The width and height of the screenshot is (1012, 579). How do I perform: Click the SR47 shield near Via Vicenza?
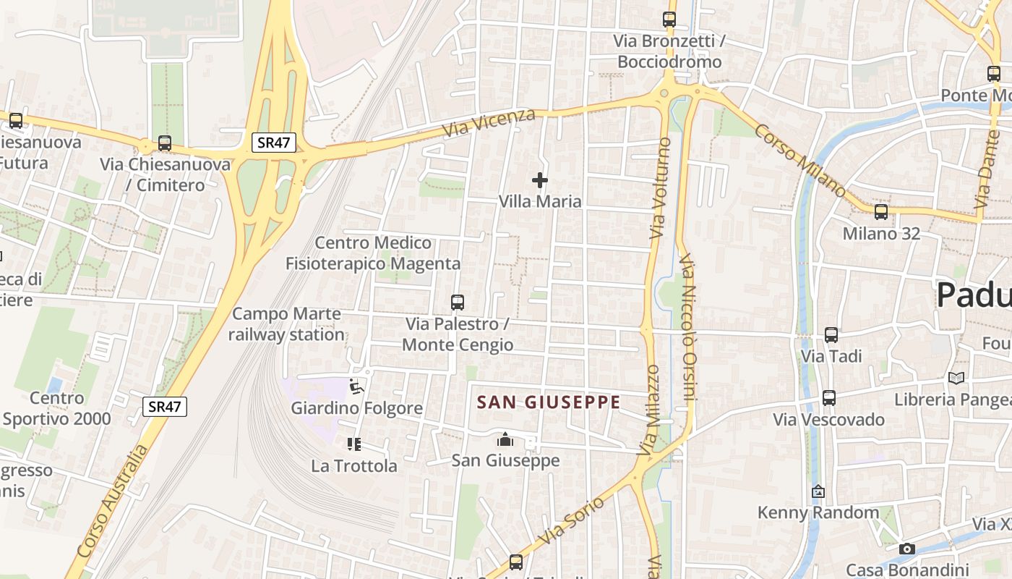point(274,143)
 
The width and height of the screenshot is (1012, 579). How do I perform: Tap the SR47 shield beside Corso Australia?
point(164,406)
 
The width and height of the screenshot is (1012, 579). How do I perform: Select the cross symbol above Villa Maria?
point(539,180)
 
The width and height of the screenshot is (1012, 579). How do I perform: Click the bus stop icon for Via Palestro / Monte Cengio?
point(457,303)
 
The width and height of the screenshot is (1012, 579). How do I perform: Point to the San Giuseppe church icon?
point(505,439)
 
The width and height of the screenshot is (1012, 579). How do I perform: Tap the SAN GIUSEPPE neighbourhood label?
point(549,402)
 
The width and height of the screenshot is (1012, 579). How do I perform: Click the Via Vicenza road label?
point(490,123)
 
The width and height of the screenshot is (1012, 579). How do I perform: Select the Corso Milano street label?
point(800,161)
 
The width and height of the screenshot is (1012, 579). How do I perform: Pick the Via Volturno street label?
point(658,188)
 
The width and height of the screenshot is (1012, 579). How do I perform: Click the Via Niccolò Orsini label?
point(690,326)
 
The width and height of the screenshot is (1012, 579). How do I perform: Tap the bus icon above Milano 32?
point(880,212)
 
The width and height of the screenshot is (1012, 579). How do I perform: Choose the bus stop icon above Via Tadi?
point(831,335)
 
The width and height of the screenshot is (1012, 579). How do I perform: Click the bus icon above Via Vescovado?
point(828,398)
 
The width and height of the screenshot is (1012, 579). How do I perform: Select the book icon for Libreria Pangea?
point(956,378)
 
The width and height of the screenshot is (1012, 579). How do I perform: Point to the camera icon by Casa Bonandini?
point(906,549)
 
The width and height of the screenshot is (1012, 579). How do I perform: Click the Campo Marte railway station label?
point(287,324)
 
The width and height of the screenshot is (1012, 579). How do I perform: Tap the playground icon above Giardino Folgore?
point(356,387)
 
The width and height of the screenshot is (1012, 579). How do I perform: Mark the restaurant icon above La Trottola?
point(353,444)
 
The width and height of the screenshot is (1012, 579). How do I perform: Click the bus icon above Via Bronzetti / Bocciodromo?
point(669,20)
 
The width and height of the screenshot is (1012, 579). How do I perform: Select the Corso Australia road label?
point(112,501)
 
